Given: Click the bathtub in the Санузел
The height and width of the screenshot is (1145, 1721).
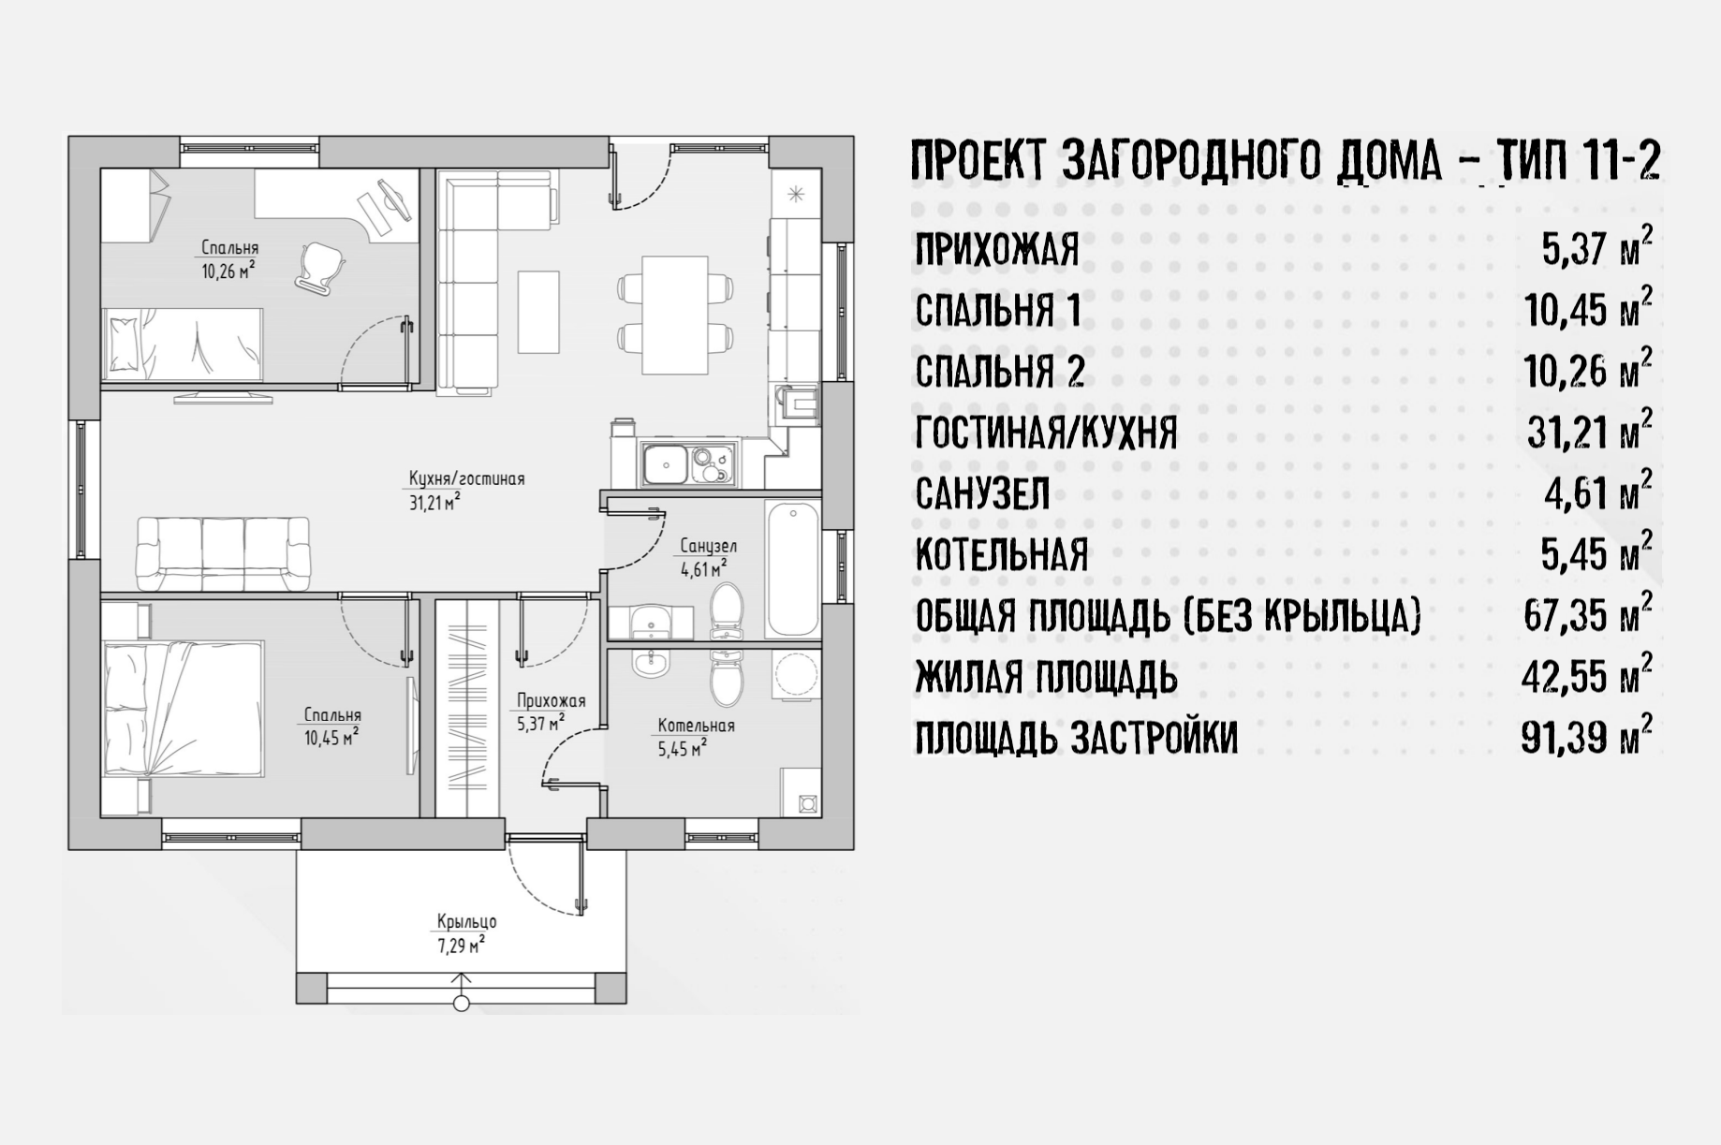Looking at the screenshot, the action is point(792,569).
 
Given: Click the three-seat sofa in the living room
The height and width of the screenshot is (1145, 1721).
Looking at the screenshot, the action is point(224,553).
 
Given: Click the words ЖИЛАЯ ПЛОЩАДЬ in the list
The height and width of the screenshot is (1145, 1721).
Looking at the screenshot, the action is point(1046,677).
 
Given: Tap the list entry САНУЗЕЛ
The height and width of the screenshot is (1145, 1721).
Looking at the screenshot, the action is point(982,493).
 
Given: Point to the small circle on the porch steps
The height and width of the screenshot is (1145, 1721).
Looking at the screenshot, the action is point(461,1004).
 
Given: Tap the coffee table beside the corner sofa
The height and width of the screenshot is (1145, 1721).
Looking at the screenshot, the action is point(538,312).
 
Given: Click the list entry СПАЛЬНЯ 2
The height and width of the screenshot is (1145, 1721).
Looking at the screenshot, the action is point(999,372).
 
